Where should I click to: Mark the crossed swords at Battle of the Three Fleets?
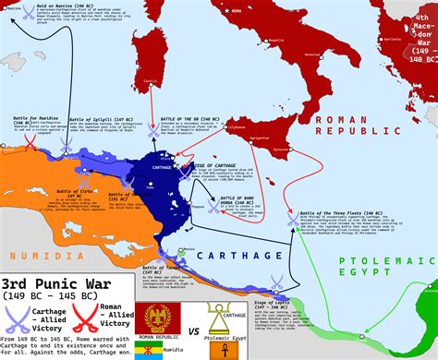(x=293, y=221)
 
